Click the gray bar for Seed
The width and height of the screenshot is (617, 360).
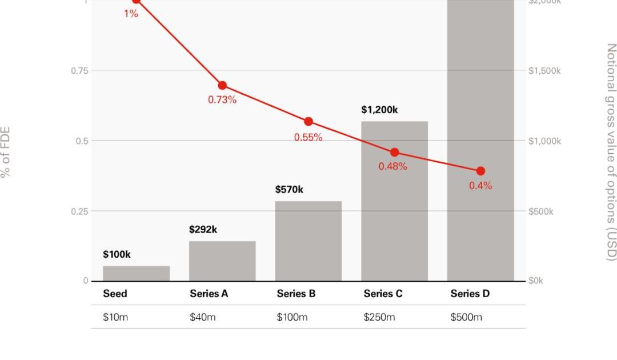[x=136, y=273]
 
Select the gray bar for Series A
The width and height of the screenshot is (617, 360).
[x=222, y=261]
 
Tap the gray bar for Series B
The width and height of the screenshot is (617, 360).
[x=308, y=241]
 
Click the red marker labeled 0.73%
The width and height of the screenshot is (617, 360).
[x=222, y=86]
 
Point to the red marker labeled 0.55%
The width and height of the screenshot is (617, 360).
[x=308, y=121]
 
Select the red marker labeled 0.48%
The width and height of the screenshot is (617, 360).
[x=394, y=153]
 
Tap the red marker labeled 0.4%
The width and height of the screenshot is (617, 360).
[x=480, y=171]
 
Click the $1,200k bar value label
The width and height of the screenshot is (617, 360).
[x=379, y=110]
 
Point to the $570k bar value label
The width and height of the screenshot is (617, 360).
[x=289, y=190]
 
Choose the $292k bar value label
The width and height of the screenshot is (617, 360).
[x=203, y=230]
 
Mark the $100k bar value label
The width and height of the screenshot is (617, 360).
[x=117, y=254]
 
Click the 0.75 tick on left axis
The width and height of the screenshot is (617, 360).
[x=80, y=70]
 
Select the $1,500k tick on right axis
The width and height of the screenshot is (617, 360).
[x=544, y=70]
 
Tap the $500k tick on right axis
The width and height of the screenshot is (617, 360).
[x=541, y=211]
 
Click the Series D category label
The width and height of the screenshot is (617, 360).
[x=470, y=294]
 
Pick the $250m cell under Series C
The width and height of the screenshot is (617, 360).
[x=379, y=317]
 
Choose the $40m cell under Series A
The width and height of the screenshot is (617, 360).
[x=202, y=317]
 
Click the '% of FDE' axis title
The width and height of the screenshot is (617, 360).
[x=6, y=152]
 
